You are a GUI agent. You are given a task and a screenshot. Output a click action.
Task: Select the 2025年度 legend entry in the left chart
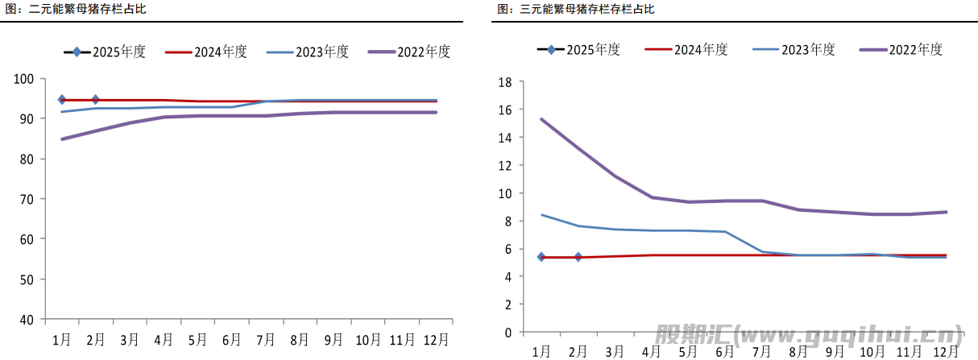pyautogui.click(x=105, y=52)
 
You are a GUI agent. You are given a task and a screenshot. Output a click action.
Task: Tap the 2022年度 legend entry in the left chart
pyautogui.click(x=409, y=52)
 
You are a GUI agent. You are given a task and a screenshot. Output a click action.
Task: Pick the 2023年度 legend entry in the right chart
pyautogui.click(x=794, y=49)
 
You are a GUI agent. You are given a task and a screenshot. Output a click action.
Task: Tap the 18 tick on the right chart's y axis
pyautogui.click(x=505, y=82)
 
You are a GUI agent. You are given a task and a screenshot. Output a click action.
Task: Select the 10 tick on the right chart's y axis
pyautogui.click(x=505, y=193)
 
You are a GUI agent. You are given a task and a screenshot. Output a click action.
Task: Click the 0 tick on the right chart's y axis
pyautogui.click(x=508, y=332)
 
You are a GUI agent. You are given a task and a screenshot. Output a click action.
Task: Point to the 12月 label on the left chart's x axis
pyautogui.click(x=437, y=338)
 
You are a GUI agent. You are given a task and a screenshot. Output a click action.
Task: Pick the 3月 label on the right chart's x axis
pyautogui.click(x=614, y=351)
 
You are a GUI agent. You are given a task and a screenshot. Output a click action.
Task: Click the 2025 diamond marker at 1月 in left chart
pyautogui.click(x=61, y=100)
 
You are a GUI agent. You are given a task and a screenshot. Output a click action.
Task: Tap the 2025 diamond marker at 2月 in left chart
pyautogui.click(x=96, y=100)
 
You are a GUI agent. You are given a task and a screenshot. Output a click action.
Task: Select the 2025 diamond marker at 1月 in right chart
pyautogui.click(x=541, y=257)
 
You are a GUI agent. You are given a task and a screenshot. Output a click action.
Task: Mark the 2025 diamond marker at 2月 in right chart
pyautogui.click(x=578, y=257)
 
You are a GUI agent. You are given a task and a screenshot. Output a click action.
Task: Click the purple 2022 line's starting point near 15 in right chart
pyautogui.click(x=541, y=119)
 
